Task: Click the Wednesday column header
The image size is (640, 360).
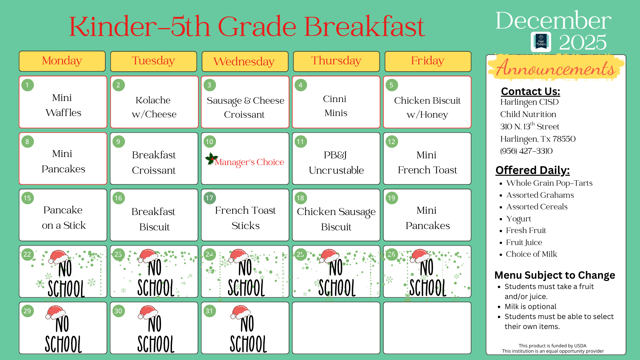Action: pos(245,61)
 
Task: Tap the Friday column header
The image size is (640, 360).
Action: pos(428,61)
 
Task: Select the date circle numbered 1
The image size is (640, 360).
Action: pos(27,85)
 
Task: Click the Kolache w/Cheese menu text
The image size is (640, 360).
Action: pos(154,107)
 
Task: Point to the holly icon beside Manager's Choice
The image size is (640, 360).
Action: pos(211,159)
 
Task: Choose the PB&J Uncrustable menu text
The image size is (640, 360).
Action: pos(336,162)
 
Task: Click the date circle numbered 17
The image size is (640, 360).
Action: pos(209,198)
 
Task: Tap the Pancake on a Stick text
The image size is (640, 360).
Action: pos(63,217)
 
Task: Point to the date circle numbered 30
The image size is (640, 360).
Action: pos(118,311)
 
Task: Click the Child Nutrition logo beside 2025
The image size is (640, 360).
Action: pos(541,42)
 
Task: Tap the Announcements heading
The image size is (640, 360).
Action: pos(555,68)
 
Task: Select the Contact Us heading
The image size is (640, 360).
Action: pos(530,91)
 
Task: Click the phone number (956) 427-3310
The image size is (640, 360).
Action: pos(526,151)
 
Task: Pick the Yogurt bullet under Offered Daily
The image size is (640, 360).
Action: pos(518,219)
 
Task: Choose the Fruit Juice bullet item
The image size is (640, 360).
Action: pos(524,242)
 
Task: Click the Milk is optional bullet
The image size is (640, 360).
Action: pos(530,307)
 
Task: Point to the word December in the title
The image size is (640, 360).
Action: pos(553,21)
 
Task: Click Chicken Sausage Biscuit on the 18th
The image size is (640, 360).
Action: pos(336,219)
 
